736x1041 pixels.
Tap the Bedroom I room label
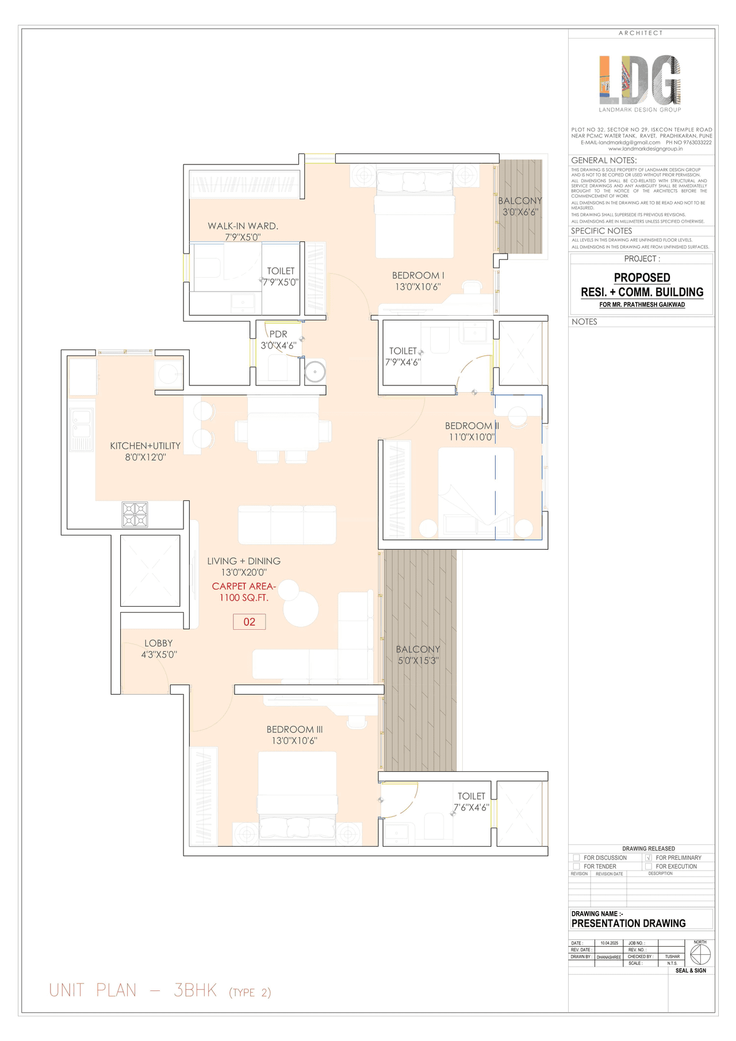tap(418, 281)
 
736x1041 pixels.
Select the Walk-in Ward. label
tap(243, 231)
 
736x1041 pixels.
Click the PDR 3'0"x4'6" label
tap(278, 340)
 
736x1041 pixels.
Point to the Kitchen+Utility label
tap(145, 451)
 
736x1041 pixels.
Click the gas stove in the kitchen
tap(135, 514)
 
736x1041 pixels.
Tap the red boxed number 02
tap(249, 622)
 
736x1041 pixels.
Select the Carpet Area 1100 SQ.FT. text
tap(244, 592)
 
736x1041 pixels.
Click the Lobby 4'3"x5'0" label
tap(159, 649)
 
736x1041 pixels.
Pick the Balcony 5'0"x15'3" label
tap(418, 655)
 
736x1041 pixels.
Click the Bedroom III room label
tap(294, 735)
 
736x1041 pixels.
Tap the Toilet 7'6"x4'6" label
tap(471, 802)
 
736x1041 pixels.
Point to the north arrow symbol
tap(700, 955)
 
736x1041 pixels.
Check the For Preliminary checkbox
tap(649, 858)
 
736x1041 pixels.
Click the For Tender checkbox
tap(576, 866)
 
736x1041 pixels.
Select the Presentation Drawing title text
tap(628, 923)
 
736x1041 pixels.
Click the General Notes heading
tap(604, 160)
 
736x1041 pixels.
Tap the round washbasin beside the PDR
tap(315, 372)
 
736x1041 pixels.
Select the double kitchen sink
tap(81, 429)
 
